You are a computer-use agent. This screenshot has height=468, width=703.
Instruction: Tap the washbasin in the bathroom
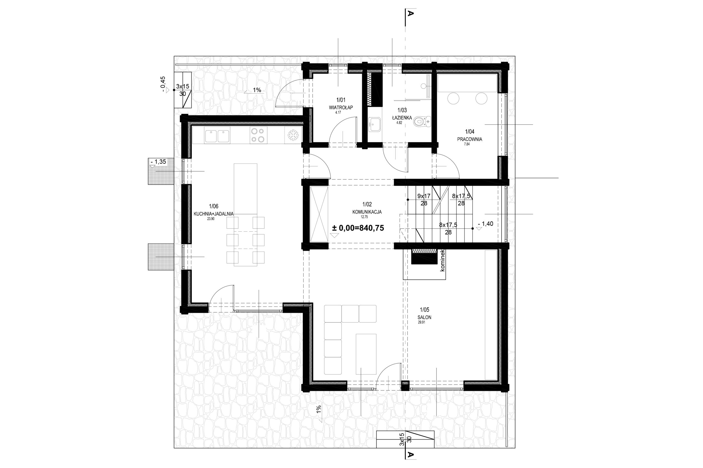(x=375, y=123)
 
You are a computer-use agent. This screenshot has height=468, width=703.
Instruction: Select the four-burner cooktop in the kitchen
(x=257, y=135)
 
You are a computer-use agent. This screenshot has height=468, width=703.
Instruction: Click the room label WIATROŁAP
(x=341, y=108)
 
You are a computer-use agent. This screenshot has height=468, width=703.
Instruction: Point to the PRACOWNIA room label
(x=469, y=139)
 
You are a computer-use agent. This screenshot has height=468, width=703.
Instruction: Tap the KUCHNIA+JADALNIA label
(x=213, y=214)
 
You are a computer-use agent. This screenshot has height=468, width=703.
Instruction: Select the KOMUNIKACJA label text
(x=367, y=212)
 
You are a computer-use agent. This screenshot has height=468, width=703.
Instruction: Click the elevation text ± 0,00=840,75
(x=358, y=228)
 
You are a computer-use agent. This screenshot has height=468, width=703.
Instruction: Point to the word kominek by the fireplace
(x=442, y=260)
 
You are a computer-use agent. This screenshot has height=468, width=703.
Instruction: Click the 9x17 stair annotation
(x=424, y=196)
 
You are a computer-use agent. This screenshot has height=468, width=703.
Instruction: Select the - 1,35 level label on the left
(x=158, y=162)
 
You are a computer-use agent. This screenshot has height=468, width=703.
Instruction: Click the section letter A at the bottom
(x=411, y=455)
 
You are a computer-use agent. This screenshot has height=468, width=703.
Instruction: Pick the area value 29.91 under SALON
(x=421, y=322)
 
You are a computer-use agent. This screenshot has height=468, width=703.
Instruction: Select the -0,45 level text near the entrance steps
(x=163, y=84)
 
